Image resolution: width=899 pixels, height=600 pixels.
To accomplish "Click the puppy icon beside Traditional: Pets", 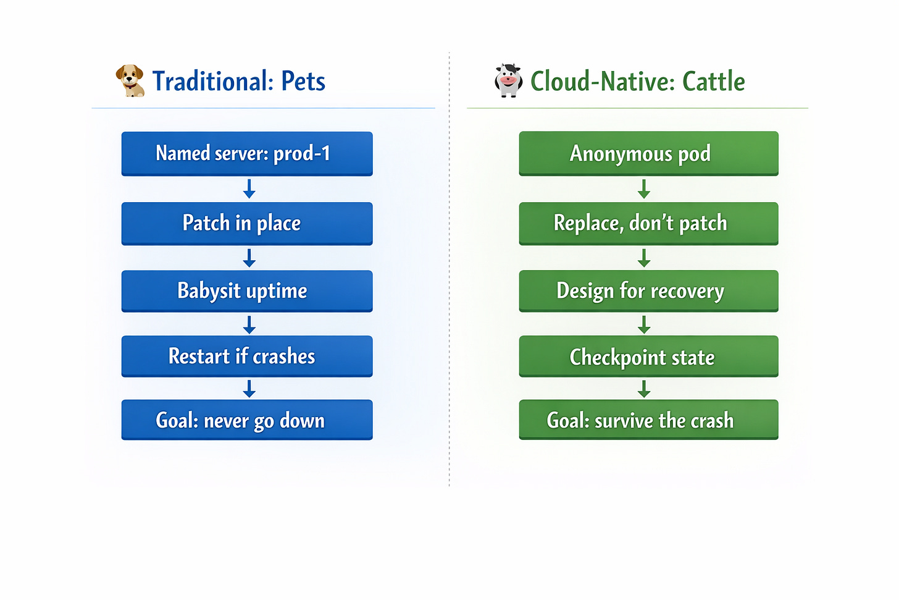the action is point(130,80).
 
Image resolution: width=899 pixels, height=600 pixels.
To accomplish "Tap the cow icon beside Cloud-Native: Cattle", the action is point(508,80).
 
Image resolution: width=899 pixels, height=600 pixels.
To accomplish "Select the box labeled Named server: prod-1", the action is point(247,153).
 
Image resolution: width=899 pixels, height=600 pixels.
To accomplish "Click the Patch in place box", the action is point(247,223).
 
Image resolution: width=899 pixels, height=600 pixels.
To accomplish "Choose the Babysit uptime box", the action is point(247,290).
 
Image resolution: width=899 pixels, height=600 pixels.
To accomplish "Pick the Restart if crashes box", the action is point(247,356).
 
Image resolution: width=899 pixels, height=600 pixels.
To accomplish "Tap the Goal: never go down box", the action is point(247,420).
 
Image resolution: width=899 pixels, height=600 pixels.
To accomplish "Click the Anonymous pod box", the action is point(648,153).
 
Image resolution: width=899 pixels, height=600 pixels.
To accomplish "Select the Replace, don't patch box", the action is point(648,223).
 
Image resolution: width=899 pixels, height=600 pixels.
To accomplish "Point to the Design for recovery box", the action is point(648,290).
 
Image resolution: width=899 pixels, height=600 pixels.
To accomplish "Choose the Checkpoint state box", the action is point(648,356).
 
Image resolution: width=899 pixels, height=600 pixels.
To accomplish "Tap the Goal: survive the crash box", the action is point(648,420).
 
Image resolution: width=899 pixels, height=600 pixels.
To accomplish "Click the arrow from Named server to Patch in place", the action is point(249,189).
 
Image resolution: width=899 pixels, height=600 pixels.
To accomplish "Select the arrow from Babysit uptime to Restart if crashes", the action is point(249,324).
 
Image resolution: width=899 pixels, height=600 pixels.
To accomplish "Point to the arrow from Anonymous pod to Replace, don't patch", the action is point(644,189).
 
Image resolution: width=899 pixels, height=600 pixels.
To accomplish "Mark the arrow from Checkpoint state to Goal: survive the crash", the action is point(644,389).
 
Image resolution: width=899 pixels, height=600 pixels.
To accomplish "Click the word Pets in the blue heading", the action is point(303,81).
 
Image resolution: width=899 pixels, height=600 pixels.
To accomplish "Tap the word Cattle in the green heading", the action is point(714,81).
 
